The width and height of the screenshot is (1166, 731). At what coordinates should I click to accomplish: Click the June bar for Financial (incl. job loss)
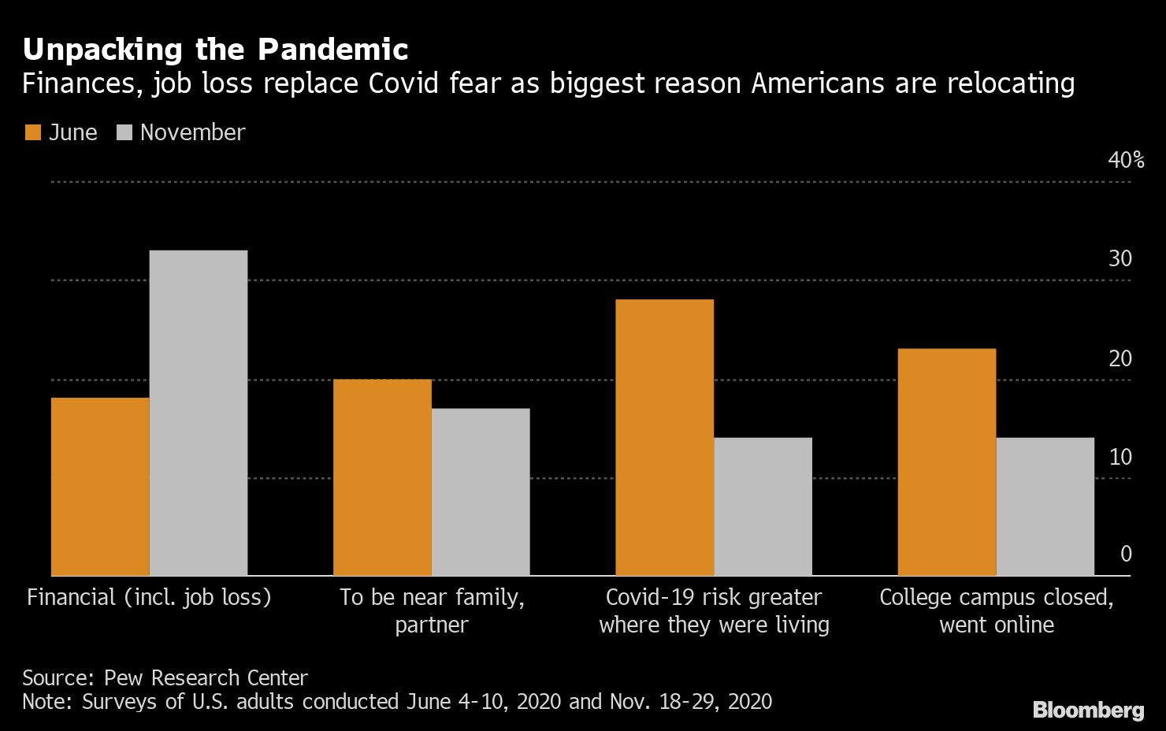coord(100,486)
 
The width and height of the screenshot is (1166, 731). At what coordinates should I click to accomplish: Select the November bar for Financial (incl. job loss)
coord(199,413)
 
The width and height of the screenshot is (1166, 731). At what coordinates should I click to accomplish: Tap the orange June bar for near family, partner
coord(382,477)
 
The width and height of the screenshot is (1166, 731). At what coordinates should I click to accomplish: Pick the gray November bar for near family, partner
coord(481,492)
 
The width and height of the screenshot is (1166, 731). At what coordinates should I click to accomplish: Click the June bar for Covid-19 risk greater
coord(664,437)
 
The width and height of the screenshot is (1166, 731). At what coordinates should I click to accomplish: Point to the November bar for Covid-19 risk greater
coord(763,506)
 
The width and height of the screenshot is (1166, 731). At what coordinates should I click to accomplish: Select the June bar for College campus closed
coord(947,462)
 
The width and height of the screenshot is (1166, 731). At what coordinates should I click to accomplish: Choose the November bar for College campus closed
coord(1045,506)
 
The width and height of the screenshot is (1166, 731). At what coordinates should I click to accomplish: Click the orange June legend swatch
coord(32,132)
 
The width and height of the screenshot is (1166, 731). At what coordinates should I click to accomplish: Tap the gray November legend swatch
coord(124,132)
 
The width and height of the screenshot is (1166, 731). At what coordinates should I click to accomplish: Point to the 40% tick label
coord(1126,160)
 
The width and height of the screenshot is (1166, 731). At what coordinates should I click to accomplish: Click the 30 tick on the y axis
coord(1120,258)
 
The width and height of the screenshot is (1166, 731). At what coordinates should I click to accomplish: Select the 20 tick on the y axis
coord(1120,358)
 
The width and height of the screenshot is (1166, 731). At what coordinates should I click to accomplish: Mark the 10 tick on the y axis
coord(1120,457)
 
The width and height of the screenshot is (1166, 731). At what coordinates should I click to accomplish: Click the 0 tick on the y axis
coord(1126,554)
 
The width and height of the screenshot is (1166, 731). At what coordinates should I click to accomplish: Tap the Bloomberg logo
coord(1088,710)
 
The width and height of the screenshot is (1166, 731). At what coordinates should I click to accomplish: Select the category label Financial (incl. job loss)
coord(149,597)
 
